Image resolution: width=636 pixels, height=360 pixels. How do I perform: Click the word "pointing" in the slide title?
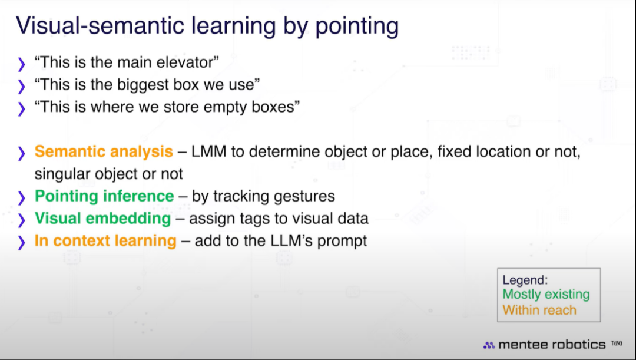tap(357, 27)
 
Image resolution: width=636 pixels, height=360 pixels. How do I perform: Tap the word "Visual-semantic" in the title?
tap(100, 25)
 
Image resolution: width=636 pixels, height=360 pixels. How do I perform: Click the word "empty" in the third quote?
tap(225, 108)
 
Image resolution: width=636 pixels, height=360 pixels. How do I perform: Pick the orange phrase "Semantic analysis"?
tap(104, 152)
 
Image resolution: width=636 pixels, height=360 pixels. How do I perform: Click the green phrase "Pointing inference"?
tap(104, 196)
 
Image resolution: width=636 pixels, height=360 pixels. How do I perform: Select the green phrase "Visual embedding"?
tap(102, 219)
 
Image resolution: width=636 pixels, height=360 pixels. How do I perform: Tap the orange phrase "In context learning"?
tap(105, 240)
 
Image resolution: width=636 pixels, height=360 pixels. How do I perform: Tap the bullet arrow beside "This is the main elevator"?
tap(22, 64)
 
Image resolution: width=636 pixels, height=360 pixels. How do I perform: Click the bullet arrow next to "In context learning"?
tap(22, 242)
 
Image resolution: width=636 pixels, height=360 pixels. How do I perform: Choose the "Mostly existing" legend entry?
tap(546, 295)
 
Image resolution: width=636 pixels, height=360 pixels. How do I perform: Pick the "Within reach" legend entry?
tap(539, 311)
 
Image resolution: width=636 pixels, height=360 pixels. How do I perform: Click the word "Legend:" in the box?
tap(525, 280)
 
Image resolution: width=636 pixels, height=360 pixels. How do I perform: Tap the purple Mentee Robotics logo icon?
tap(489, 345)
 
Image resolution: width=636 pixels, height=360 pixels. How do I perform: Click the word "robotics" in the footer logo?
tap(578, 345)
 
